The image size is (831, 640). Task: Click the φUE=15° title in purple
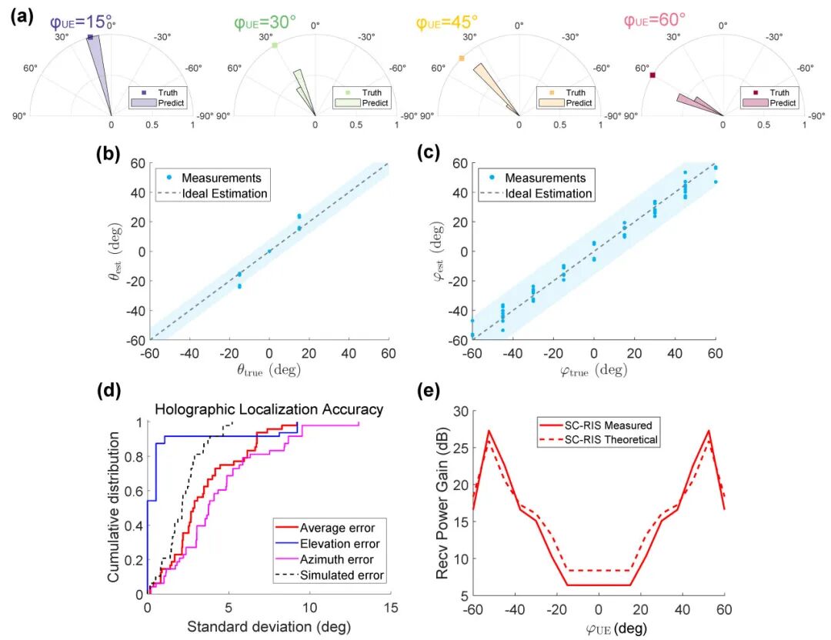pos(82,23)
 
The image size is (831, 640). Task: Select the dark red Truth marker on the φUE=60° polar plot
pos(652,75)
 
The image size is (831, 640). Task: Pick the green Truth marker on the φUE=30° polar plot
pos(274,46)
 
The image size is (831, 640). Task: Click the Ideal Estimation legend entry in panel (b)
pos(224,194)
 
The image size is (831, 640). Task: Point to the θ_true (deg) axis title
pos(269,370)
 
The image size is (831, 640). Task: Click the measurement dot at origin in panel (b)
pos(269,251)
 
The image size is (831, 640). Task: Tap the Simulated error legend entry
pos(342,575)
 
